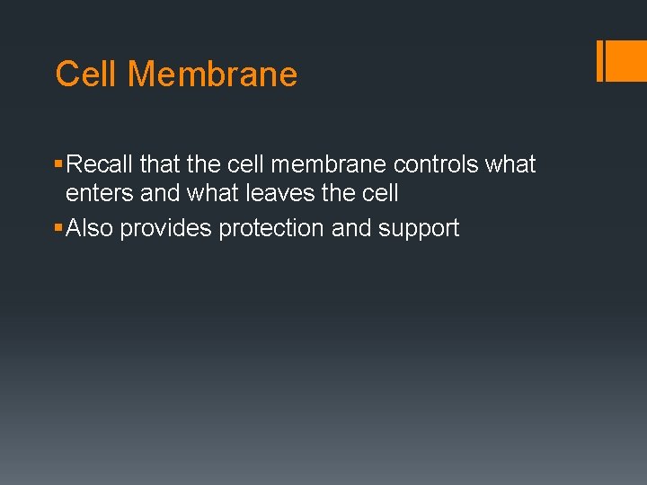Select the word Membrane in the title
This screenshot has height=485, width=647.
pos(212,74)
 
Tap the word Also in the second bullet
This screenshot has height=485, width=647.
pos(90,228)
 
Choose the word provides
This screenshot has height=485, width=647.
pos(164,228)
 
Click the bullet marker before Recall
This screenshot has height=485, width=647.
pos(59,165)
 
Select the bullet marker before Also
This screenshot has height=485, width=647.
pos(59,229)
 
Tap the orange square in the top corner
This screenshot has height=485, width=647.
pos(625,61)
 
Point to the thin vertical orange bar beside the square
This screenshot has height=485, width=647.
pos(599,61)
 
